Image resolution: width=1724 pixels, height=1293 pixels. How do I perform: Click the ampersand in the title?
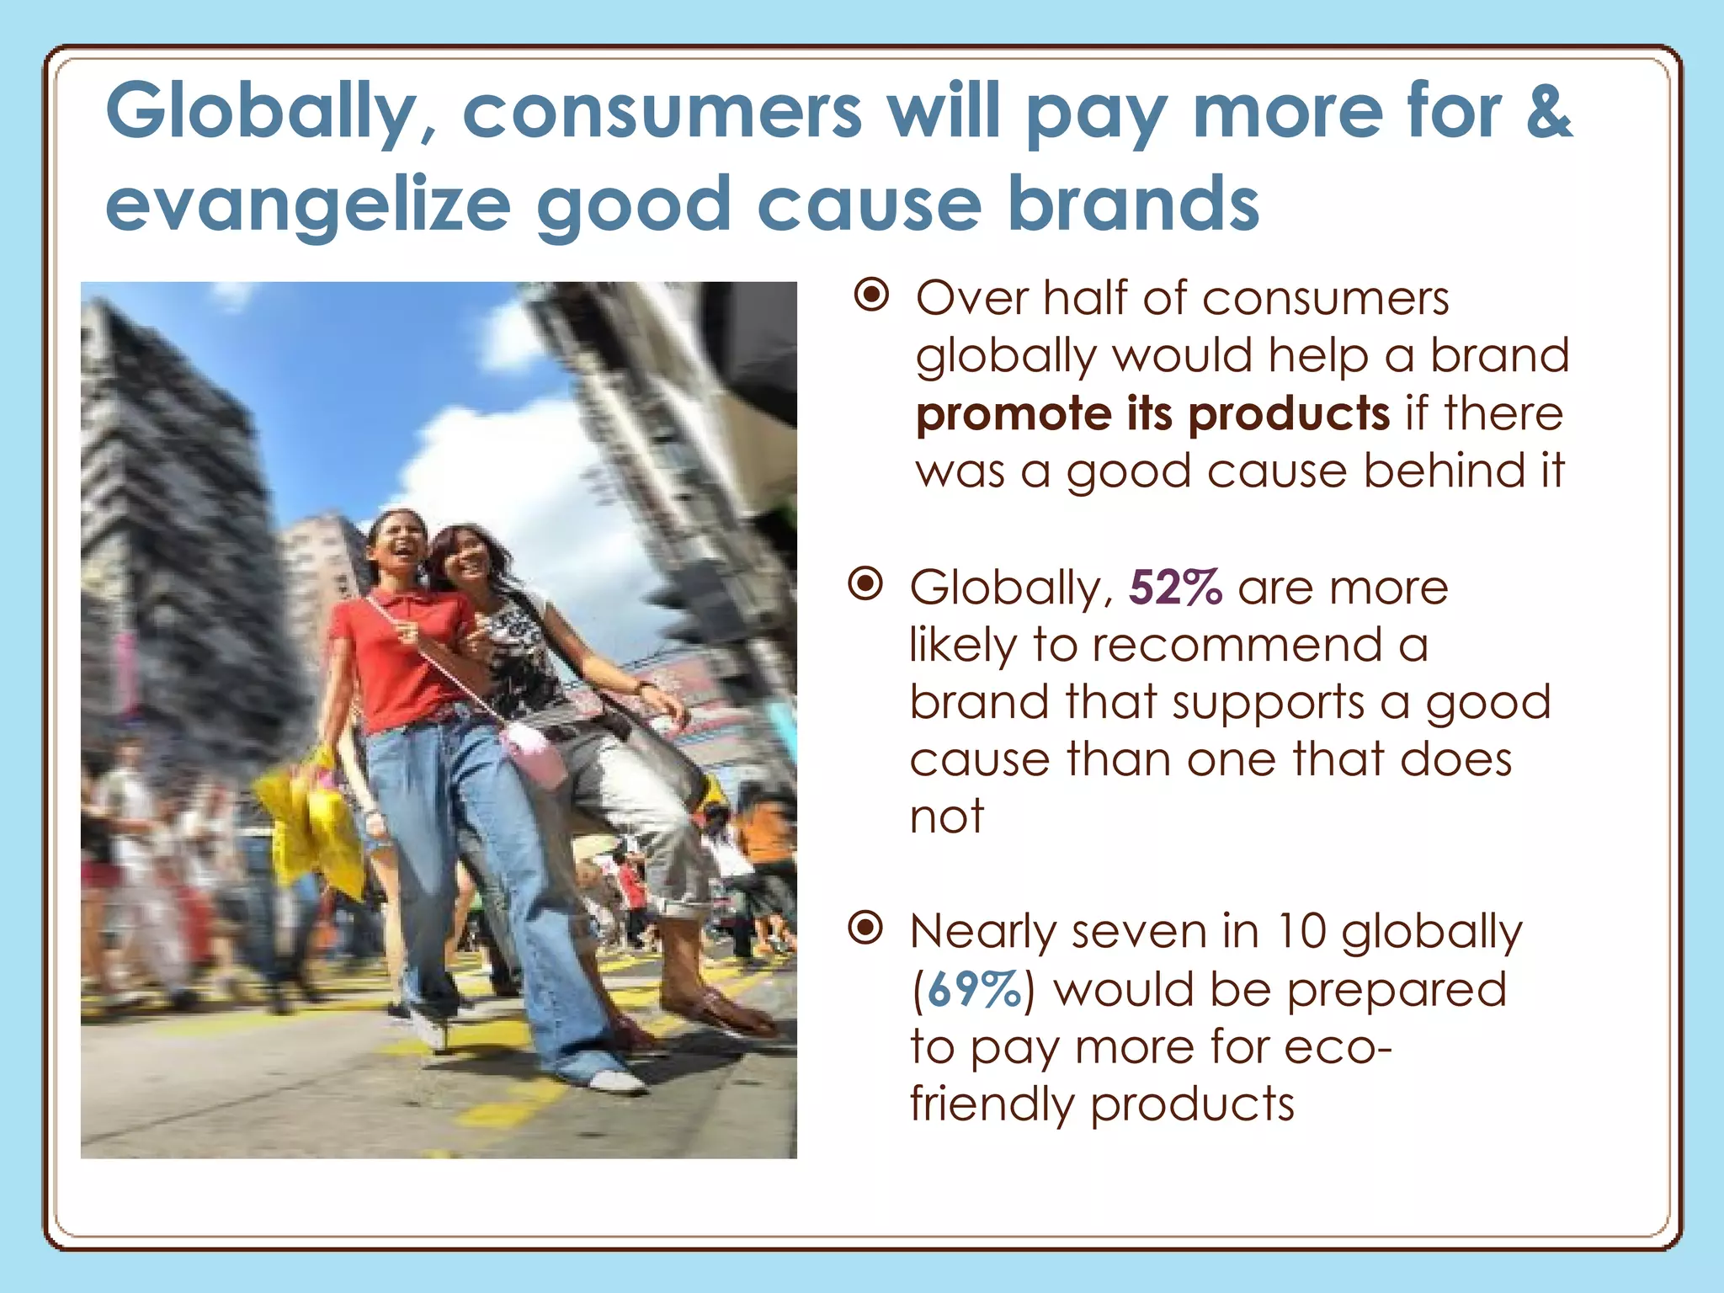click(x=1548, y=111)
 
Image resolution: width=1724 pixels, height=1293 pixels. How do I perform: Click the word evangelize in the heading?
click(x=307, y=205)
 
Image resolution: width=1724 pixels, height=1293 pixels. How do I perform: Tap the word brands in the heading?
click(x=1133, y=205)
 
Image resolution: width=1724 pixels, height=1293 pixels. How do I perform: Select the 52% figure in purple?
click(x=1174, y=588)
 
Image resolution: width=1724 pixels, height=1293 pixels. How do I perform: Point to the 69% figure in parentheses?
click(x=974, y=989)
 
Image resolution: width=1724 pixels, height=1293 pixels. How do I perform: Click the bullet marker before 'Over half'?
click(x=871, y=295)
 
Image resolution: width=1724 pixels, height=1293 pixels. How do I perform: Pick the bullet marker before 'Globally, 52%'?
click(x=865, y=583)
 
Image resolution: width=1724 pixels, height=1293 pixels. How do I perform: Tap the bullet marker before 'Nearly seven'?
click(x=865, y=928)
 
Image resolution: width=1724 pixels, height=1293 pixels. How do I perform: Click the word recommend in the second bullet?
click(x=1237, y=646)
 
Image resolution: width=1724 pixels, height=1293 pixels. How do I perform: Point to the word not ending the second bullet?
click(x=946, y=817)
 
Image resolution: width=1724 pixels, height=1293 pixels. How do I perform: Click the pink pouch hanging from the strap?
click(x=535, y=753)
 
